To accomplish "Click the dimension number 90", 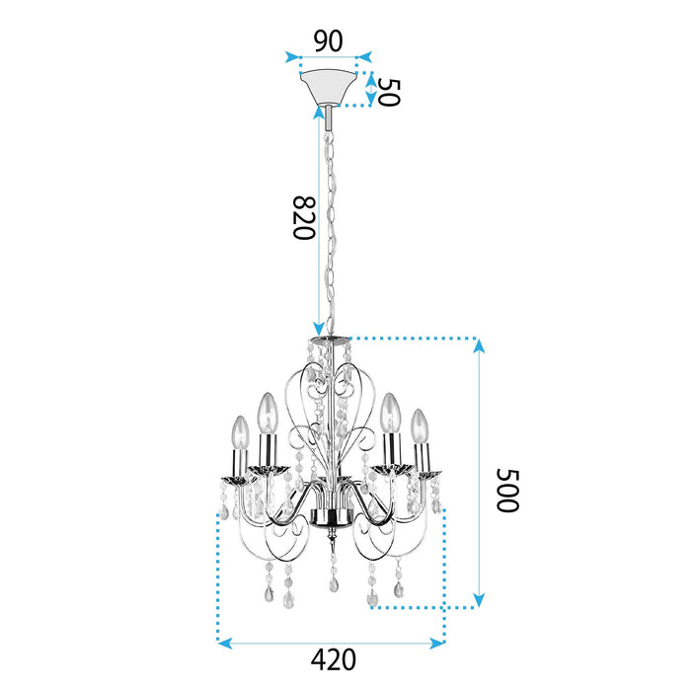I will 328,40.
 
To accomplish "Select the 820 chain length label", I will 302,218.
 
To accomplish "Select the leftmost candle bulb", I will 238,431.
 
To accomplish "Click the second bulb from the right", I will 391,410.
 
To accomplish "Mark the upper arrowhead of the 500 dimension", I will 479,345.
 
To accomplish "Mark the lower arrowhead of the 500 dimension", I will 479,599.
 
